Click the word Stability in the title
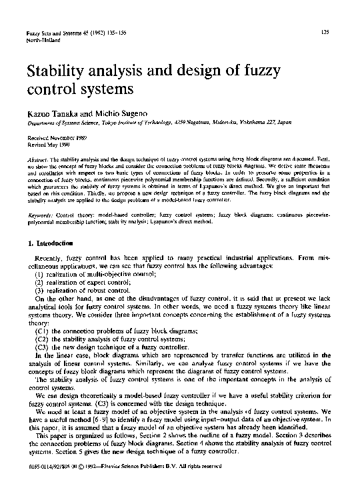[x=59, y=69]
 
